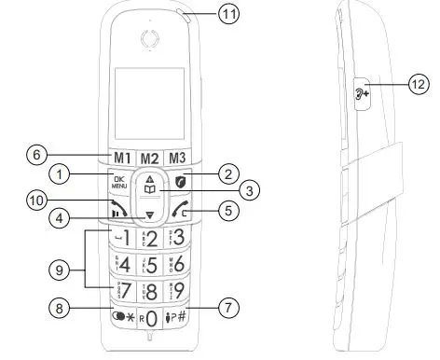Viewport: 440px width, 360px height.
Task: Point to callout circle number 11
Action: click(x=229, y=13)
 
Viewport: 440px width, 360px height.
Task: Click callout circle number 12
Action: click(x=419, y=84)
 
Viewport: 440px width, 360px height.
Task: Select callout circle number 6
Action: click(x=34, y=155)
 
